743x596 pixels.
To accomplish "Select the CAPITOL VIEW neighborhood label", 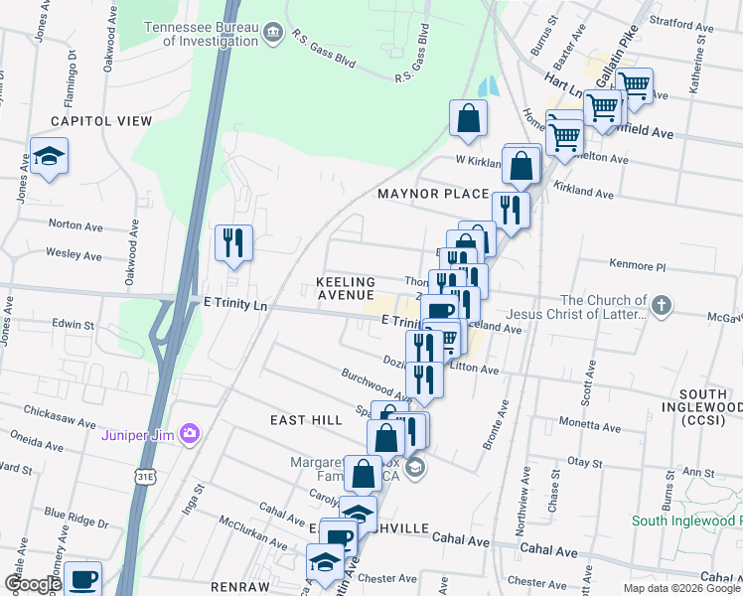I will tap(101, 121).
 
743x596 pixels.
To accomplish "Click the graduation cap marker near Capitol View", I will tap(49, 158).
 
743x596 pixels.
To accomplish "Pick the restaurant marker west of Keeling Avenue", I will tap(233, 242).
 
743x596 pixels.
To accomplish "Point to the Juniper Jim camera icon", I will tap(190, 433).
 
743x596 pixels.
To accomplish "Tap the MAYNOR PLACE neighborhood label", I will tap(432, 194).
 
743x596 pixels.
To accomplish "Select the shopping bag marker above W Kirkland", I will tap(468, 119).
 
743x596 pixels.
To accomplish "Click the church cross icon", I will tap(663, 304).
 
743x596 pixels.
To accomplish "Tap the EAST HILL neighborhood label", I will tap(306, 421).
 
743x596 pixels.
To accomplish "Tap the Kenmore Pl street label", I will tap(640, 266).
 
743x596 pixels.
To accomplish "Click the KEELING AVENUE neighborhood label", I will tap(346, 289).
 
